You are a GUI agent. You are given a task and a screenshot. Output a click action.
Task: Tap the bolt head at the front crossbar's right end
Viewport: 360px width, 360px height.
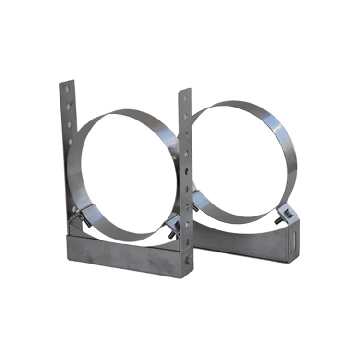(x=189, y=260)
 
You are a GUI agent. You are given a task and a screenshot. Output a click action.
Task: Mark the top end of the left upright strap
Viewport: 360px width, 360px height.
(x=67, y=83)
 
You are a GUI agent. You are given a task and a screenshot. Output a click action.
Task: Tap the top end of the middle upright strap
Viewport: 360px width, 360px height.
(x=185, y=91)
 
